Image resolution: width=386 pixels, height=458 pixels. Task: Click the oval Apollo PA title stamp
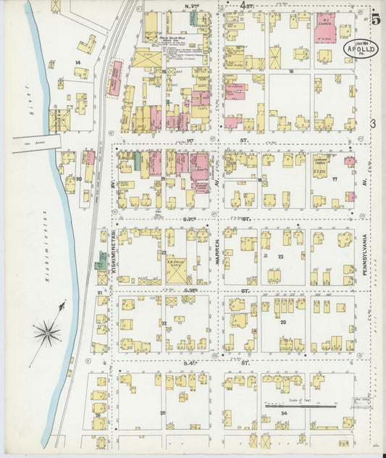coord(359,49)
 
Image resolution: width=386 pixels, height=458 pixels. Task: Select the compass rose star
coord(47,333)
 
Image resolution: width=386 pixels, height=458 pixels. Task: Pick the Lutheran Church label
coord(322,165)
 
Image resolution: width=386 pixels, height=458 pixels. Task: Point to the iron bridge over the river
coord(36,143)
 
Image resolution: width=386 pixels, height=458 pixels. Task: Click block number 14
coord(77,63)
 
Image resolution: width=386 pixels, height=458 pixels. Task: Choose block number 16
coord(290,72)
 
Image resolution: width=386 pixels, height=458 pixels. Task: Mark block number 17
coord(335,178)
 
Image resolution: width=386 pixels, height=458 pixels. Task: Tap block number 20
coord(78,178)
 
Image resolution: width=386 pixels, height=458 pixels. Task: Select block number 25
coord(162,412)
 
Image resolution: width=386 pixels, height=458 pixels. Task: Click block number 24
coord(282,413)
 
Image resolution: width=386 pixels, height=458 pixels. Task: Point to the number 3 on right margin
coord(373,125)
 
